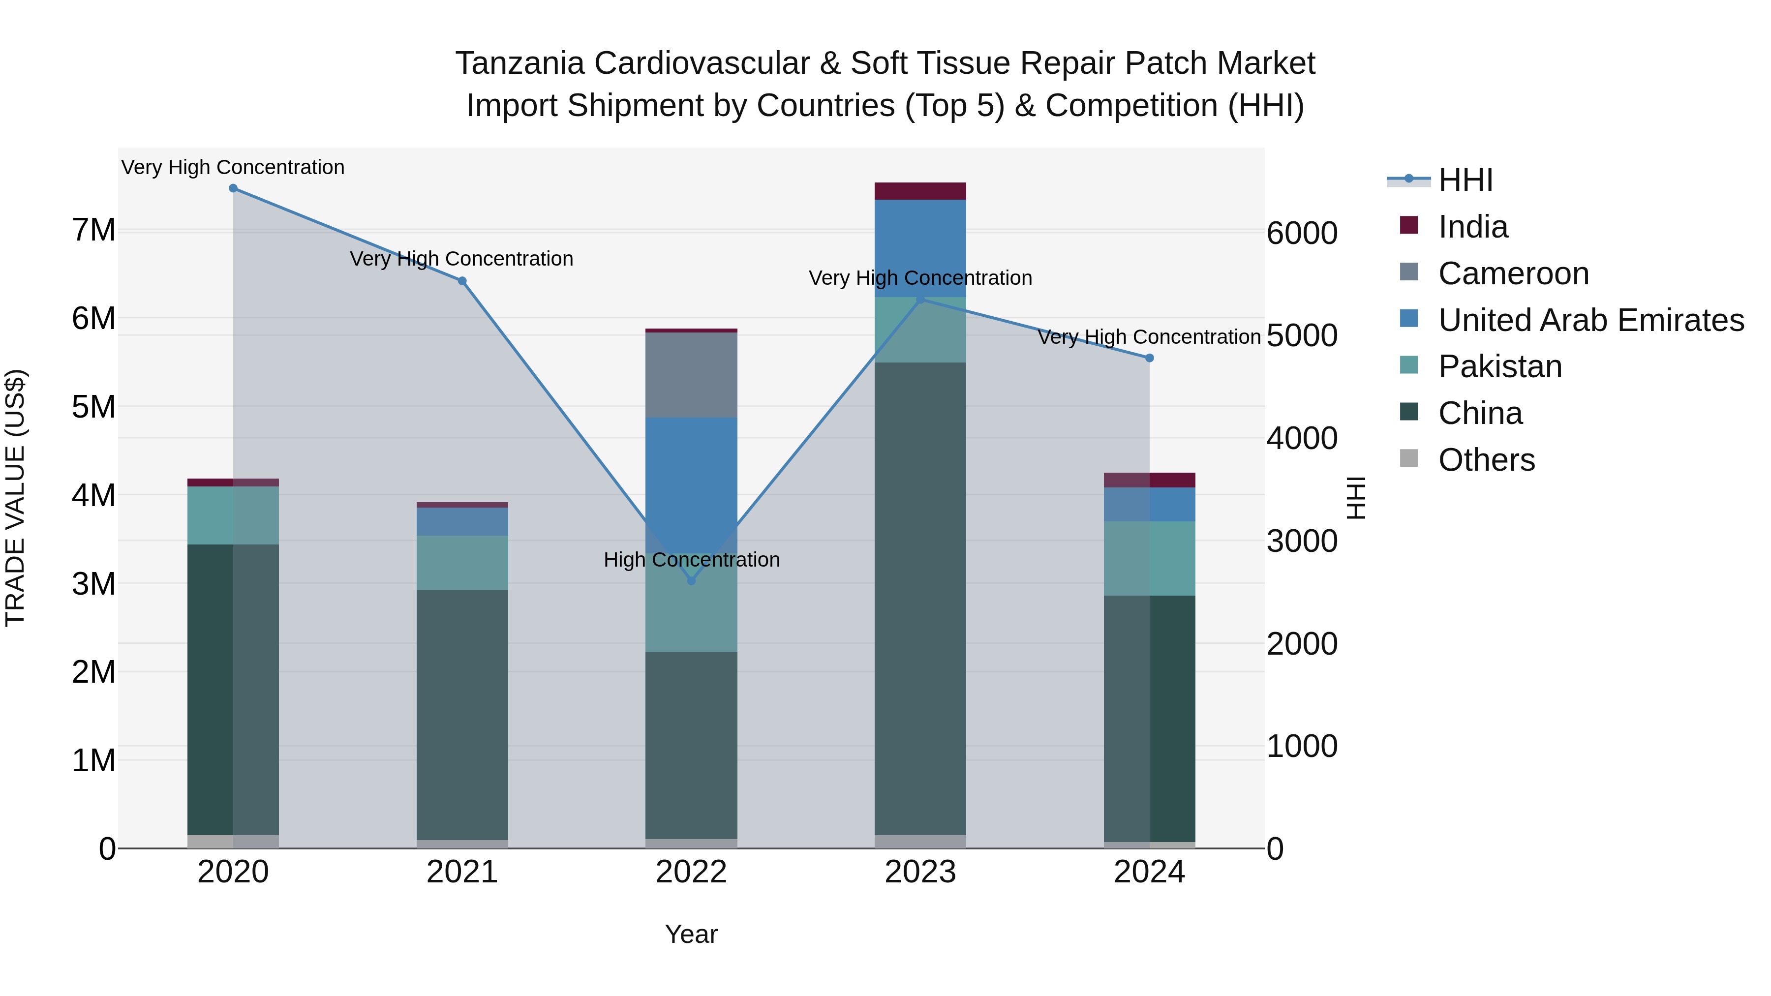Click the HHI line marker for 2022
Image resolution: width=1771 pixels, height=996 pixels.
(x=691, y=581)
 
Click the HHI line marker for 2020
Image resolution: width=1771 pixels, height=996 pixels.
(x=233, y=188)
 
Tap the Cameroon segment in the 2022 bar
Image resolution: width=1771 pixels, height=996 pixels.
(x=691, y=375)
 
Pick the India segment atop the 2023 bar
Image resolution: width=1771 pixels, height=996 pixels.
(x=920, y=191)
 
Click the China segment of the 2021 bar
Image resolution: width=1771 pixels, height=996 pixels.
(x=462, y=715)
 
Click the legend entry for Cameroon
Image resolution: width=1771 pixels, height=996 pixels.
(x=1513, y=273)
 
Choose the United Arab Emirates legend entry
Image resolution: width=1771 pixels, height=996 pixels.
(x=1590, y=320)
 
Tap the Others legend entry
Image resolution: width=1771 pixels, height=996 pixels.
(x=1486, y=460)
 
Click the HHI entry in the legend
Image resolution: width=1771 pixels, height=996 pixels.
(x=1465, y=180)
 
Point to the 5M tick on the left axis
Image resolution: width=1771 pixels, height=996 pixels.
(x=93, y=407)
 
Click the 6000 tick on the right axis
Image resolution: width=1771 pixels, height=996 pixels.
(x=1301, y=234)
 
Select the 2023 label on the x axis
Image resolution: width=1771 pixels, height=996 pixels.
(x=920, y=872)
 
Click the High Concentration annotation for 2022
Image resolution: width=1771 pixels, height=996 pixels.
(x=691, y=560)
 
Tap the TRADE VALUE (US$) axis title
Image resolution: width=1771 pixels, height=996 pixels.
(x=15, y=498)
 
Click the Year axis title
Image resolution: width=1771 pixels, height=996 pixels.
(x=691, y=934)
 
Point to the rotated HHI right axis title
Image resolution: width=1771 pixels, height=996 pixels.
(x=1355, y=498)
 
